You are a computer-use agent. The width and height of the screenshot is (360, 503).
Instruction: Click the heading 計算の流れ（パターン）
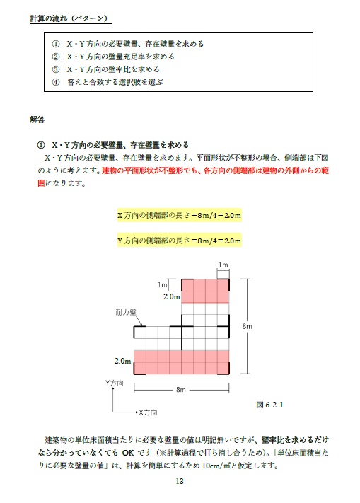69,17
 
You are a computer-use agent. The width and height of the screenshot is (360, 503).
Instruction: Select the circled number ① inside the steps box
56,44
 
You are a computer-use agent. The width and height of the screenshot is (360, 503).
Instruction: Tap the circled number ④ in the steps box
56,82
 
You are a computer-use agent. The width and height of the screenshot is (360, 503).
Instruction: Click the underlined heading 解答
37,120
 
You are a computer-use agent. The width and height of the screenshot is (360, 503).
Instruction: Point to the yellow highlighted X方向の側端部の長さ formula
180,215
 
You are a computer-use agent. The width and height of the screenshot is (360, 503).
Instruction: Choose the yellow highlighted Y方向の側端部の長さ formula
180,241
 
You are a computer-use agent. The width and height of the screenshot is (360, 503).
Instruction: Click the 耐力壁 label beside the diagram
126,312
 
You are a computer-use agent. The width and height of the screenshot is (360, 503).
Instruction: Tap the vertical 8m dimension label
248,326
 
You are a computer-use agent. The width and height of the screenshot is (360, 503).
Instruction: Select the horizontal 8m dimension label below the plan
181,390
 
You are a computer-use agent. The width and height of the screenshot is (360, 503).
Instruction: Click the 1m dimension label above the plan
223,265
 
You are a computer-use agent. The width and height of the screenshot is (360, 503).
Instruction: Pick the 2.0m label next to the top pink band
172,297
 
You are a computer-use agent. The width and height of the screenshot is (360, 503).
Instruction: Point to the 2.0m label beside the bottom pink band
123,362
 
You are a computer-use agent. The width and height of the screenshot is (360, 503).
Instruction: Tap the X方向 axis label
147,412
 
